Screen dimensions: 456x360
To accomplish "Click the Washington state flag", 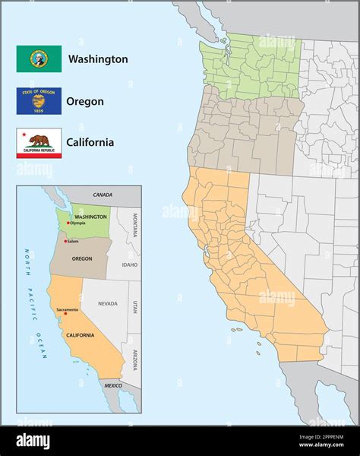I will (39, 59).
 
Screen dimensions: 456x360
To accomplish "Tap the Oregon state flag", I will (39, 100).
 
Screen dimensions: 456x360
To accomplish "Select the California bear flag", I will (39, 143).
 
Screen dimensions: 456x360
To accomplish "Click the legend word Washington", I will (98, 59).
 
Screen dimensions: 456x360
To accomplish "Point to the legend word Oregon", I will (85, 100).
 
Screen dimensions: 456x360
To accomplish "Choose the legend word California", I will (90, 142).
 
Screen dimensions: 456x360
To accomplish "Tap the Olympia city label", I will (77, 223).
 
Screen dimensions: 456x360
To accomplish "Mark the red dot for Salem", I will (65, 241).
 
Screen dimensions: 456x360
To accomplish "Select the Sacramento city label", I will (67, 309).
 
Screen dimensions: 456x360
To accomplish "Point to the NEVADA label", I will (108, 303).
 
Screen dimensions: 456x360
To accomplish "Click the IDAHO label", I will (129, 264).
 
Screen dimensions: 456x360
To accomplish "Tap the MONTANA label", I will (135, 224).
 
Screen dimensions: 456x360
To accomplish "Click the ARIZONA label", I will (135, 358).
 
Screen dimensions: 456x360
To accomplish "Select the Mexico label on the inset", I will (113, 385).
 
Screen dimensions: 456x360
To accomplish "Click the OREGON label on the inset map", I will (82, 258).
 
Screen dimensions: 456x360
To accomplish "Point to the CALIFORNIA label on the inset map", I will (80, 335).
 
